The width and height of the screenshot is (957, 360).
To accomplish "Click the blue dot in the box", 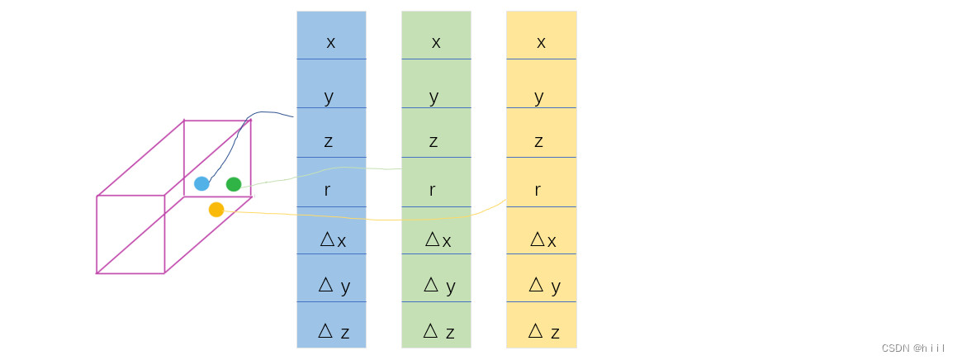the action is click(201, 183).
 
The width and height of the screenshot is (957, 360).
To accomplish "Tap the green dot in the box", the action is click(234, 184).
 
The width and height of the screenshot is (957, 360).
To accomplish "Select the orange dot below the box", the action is click(216, 210).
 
